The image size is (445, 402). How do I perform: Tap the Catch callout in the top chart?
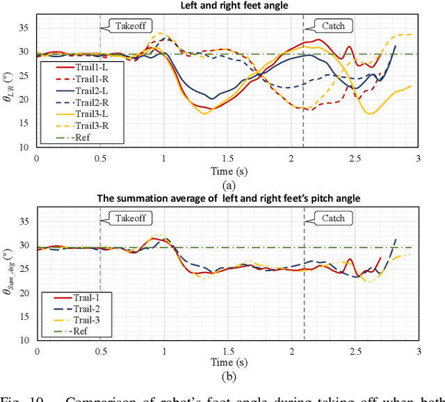point(333,26)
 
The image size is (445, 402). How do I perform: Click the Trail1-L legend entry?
point(70,67)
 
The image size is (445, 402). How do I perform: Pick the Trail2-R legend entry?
point(70,102)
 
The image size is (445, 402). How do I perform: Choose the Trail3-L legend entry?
point(70,113)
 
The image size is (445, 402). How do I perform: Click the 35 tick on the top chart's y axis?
point(25,28)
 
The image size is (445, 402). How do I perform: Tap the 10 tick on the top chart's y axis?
point(25,147)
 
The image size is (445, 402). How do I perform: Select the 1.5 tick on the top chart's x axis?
point(227,159)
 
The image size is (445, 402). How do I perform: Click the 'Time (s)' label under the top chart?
point(227,170)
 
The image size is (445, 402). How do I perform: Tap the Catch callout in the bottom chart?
point(333,218)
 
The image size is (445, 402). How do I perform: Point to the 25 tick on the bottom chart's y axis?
point(25,269)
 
